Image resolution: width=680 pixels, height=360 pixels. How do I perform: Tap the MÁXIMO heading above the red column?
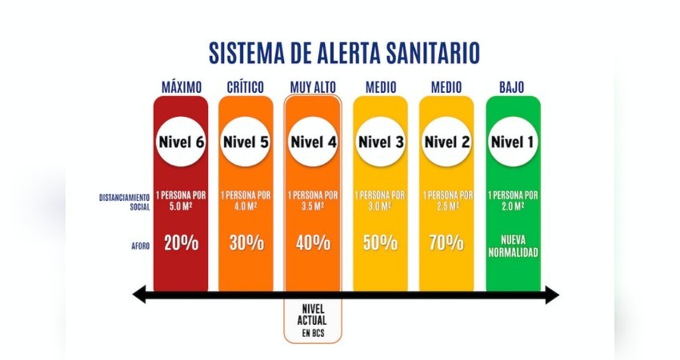[181, 86]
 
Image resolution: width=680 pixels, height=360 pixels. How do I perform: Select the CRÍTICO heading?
[246, 86]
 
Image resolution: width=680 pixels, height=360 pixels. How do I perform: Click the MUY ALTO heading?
[313, 86]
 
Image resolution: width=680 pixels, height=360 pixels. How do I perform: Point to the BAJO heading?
[512, 86]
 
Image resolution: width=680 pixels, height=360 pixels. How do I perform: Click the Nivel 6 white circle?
[181, 142]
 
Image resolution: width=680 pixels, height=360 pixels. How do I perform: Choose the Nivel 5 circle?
[246, 142]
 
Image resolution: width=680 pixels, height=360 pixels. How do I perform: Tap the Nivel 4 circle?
[313, 142]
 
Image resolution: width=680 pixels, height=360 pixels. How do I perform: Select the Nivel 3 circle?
[380, 142]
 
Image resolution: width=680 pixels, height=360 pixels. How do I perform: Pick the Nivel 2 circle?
[446, 142]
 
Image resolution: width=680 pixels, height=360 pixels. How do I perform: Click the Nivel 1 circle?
[513, 142]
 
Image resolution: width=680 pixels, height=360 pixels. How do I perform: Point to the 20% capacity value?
[181, 244]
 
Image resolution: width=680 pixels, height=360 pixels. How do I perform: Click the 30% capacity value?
[246, 244]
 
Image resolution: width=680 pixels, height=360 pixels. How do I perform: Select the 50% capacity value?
[380, 244]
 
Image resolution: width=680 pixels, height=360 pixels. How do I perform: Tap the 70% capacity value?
[446, 244]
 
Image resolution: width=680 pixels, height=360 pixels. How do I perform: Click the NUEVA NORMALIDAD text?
[513, 245]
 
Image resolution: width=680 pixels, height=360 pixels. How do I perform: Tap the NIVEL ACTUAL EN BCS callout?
[313, 321]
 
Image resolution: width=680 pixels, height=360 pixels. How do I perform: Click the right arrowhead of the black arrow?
[552, 296]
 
